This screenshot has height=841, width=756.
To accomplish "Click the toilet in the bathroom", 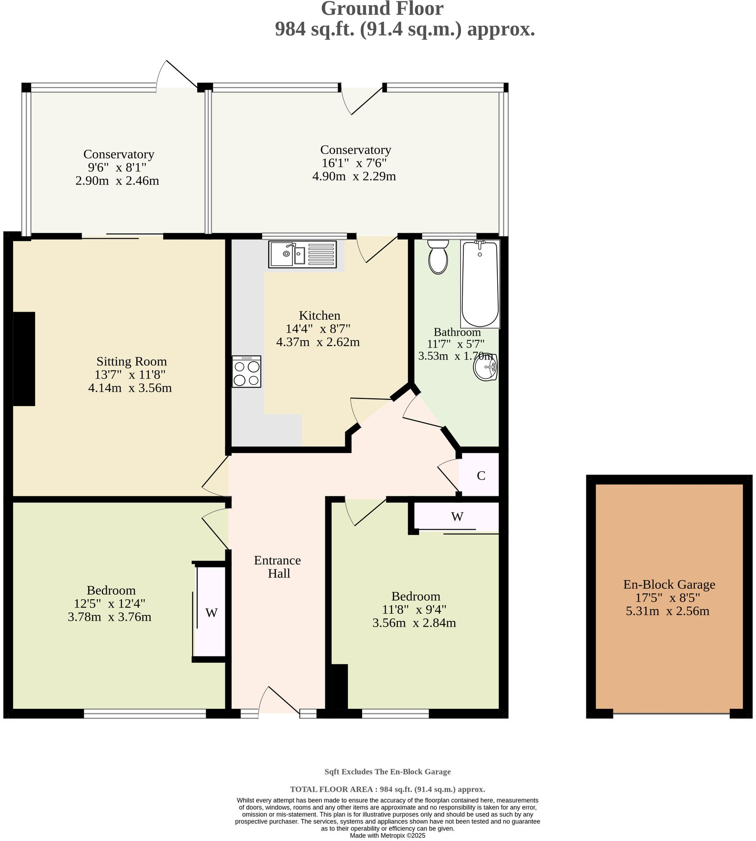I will [438, 257].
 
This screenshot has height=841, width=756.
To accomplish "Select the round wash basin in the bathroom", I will [485, 367].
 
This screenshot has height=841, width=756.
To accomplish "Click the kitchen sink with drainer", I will [302, 254].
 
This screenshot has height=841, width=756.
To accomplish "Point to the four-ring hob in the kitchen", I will [247, 372].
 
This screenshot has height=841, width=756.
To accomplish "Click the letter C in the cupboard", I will [481, 476].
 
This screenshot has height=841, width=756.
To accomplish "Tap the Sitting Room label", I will [131, 361].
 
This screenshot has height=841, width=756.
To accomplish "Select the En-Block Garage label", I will [669, 585].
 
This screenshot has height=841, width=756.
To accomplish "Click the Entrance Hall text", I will [277, 567].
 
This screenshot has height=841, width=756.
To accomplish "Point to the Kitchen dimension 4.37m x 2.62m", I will [318, 342].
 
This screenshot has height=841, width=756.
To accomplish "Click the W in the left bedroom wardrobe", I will [211, 613].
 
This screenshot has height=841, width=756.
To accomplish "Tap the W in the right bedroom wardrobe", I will [457, 517].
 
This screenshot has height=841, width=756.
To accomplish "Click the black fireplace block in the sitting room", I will [24, 359].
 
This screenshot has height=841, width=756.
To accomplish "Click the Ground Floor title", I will [382, 9].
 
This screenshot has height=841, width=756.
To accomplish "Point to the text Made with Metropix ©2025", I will [387, 836].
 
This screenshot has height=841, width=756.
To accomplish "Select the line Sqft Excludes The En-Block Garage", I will [387, 772].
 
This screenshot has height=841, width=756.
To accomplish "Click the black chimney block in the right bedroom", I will [340, 686].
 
